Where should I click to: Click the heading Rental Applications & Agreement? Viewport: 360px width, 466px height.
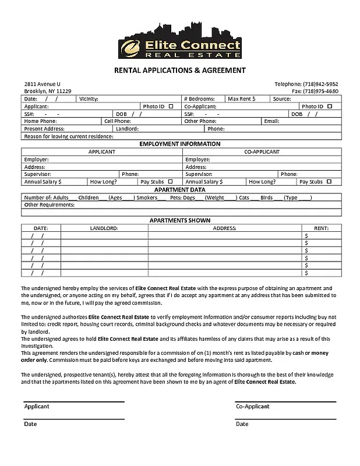179,70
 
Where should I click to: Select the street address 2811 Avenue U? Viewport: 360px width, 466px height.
42,84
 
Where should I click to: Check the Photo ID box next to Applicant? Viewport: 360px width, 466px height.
171,107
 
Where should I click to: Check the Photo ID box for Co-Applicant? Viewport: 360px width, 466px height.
330,107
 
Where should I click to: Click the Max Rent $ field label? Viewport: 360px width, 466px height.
241,99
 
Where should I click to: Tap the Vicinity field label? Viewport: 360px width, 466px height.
89,99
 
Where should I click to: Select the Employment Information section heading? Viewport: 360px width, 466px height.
179,144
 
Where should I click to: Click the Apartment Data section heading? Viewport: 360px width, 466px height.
179,190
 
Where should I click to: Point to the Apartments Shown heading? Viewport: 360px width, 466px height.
179,220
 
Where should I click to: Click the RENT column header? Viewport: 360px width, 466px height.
321,228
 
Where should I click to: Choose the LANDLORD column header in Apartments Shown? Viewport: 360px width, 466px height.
104,228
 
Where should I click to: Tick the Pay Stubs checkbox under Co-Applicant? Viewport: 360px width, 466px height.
330,182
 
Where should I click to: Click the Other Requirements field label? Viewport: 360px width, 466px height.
50,205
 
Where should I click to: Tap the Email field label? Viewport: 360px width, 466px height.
271,121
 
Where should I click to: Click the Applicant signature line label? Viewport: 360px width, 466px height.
37,407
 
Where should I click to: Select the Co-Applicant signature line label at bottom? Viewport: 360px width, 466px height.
253,407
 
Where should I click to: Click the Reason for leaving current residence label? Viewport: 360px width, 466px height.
69,136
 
